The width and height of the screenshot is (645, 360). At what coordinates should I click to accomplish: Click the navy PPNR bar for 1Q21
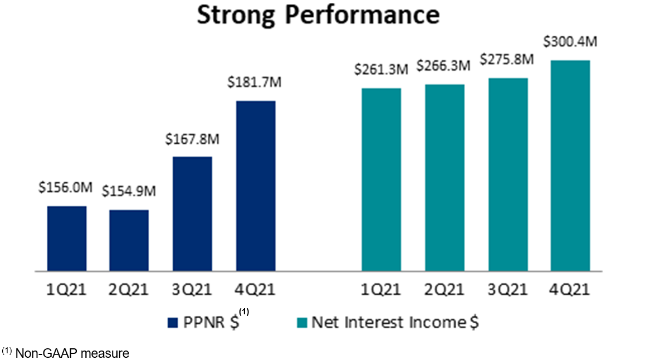[x=67, y=239]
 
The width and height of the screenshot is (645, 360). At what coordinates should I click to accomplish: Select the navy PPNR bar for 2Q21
[x=129, y=241]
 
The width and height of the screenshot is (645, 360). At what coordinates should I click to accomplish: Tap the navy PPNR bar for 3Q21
[x=192, y=214]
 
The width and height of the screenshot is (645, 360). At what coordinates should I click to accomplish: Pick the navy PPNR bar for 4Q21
[x=255, y=186]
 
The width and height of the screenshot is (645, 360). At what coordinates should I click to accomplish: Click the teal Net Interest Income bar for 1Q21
[x=382, y=179]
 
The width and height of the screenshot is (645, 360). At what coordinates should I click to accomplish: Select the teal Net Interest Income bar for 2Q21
[x=444, y=178]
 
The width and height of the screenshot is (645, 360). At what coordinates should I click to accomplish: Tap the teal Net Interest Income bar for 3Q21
[x=508, y=174]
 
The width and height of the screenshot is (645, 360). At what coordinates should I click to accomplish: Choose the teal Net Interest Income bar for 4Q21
[x=570, y=166]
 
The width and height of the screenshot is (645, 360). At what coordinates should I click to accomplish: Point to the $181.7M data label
[x=255, y=82]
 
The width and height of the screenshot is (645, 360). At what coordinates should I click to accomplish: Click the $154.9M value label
[x=129, y=192]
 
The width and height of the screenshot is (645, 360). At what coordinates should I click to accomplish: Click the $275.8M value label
[x=508, y=59]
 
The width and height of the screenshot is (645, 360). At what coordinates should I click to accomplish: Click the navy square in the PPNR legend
[x=172, y=323]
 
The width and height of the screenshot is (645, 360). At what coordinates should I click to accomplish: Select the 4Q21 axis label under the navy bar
[x=255, y=290]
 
